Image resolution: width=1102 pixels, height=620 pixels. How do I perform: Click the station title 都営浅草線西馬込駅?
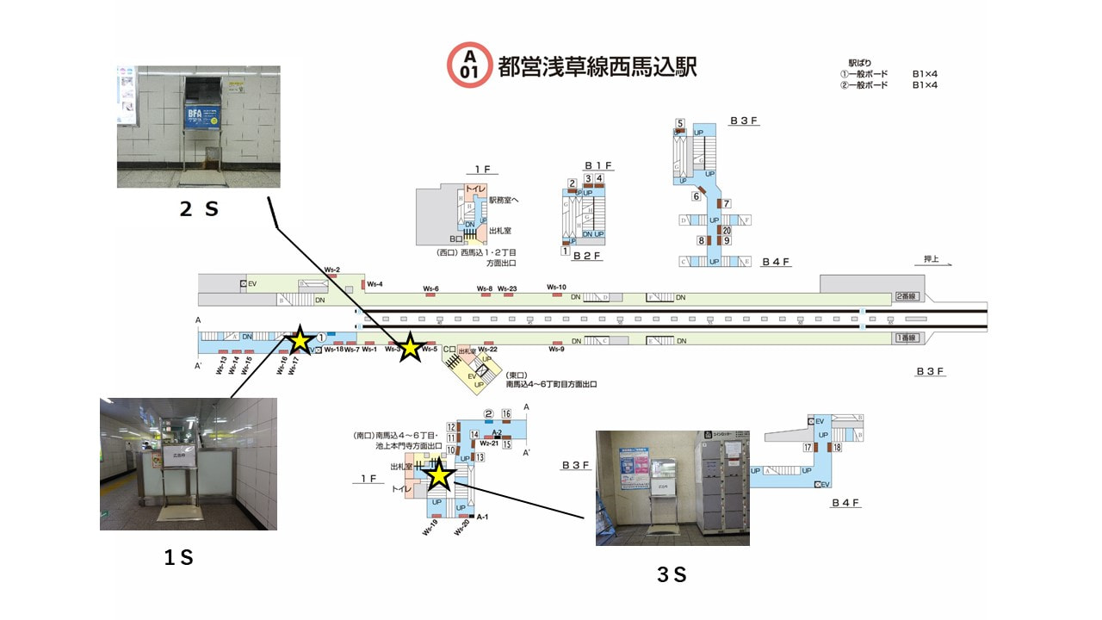(x=597, y=66)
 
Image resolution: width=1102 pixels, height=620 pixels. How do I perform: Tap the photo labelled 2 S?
(x=198, y=127)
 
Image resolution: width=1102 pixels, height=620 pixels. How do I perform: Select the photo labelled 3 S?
(x=672, y=487)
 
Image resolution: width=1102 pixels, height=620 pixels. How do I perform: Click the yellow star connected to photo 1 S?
(x=299, y=340)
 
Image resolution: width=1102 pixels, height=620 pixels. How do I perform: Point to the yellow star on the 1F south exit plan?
(x=439, y=474)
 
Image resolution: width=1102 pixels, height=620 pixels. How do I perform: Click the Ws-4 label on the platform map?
(x=375, y=284)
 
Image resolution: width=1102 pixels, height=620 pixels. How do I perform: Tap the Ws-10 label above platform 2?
(x=556, y=288)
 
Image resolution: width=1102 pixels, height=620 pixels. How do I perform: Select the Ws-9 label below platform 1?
(x=556, y=349)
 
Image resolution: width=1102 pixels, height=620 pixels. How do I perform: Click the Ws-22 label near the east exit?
(x=488, y=349)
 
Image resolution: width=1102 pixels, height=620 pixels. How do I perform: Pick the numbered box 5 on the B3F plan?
(x=680, y=123)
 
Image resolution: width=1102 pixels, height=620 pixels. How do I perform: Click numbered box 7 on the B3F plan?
(x=727, y=203)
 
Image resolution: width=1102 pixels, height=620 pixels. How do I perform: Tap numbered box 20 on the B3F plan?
(x=727, y=230)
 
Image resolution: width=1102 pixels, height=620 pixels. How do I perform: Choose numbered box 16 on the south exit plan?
(x=506, y=414)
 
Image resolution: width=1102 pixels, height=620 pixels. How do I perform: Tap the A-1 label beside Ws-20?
(x=482, y=517)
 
